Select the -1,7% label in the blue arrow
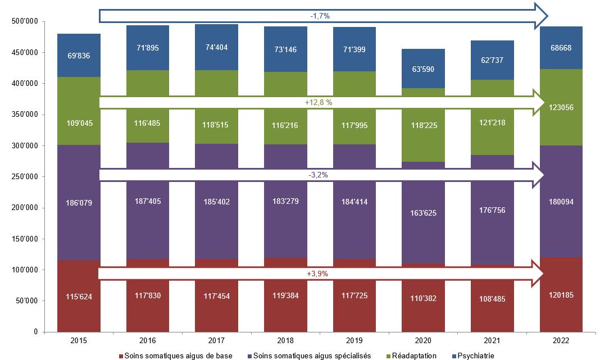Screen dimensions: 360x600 pyautogui.click(x=320, y=16)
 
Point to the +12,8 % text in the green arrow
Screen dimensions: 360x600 pyautogui.click(x=319, y=103)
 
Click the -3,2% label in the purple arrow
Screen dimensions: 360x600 pyautogui.click(x=318, y=175)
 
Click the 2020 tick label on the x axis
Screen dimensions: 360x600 pyautogui.click(x=424, y=341)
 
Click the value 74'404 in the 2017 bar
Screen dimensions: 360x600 pyautogui.click(x=216, y=47)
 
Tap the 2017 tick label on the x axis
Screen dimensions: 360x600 pyautogui.click(x=216, y=341)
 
